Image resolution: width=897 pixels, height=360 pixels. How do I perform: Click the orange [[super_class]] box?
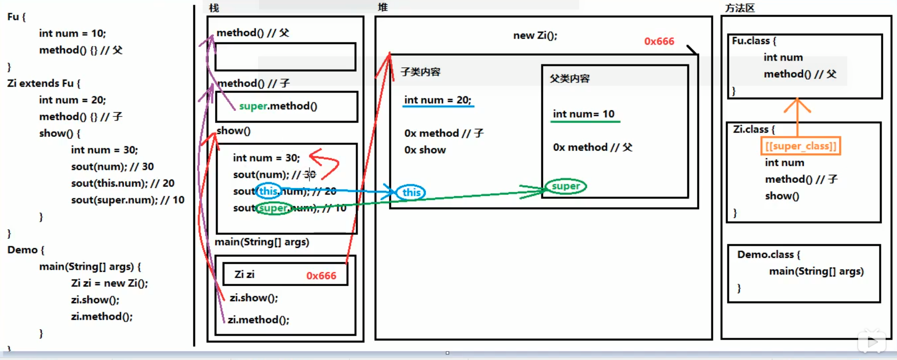coord(801,146)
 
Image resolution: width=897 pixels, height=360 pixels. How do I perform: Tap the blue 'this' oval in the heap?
coord(411,192)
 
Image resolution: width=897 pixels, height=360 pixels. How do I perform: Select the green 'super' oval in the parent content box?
coord(565,186)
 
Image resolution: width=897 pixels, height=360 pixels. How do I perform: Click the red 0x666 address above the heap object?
coord(659,41)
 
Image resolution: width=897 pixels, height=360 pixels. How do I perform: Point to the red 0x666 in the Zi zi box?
coord(321,276)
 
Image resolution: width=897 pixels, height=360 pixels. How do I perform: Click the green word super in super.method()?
coord(253,106)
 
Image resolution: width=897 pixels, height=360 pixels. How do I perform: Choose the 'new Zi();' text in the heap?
coord(535,36)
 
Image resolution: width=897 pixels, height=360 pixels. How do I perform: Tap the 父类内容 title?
coord(570,79)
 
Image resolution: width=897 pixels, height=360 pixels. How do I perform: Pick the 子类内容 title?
coord(421,72)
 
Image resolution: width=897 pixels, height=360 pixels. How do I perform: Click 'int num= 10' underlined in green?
coord(583,114)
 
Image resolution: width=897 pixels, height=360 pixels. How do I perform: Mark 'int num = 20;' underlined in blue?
coord(438,100)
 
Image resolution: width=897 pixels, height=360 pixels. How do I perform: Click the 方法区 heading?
coord(740,8)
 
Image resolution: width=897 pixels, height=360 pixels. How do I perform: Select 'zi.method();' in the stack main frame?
coord(259,320)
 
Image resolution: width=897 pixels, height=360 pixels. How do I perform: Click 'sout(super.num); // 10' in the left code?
coord(127,200)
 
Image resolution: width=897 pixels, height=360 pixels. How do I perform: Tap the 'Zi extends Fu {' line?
coord(44,83)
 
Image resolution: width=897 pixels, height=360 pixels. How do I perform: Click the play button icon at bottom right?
coord(872,341)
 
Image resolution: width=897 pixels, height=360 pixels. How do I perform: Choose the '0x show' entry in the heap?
coord(425,150)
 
